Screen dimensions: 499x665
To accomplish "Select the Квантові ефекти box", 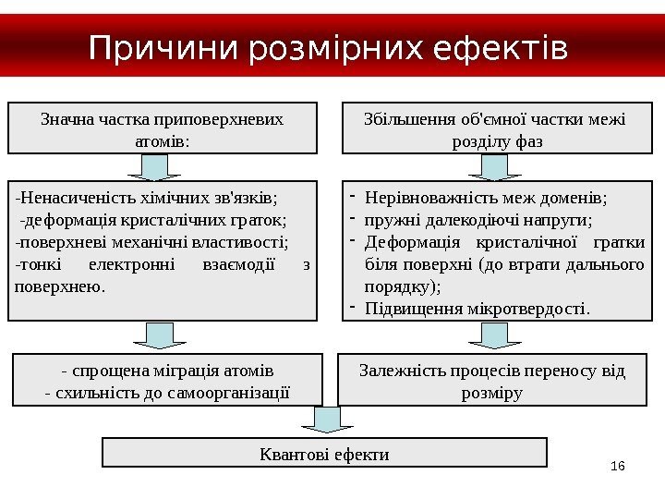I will click(323, 453).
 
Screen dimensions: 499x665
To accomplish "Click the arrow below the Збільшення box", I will click(494, 166).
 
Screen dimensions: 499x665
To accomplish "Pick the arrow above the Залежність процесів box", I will click(494, 335).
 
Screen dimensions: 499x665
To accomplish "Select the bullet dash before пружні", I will click(352, 220).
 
